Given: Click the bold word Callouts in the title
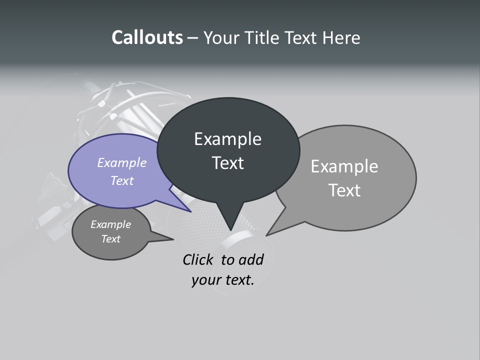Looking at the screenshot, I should coord(147,37).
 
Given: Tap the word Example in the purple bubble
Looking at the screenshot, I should coord(122,162).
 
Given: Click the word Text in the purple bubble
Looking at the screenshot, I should coord(122,180).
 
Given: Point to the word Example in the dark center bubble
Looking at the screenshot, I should coord(227,139).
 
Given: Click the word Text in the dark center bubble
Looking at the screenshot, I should coord(227,163).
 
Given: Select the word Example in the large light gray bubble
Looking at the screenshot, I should coord(344,166).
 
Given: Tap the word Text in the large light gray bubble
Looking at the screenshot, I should coord(344,190).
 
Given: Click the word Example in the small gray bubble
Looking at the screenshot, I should coord(110,224).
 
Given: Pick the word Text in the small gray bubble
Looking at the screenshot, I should coord(110,239).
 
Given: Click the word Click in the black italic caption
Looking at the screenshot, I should coord(197,259).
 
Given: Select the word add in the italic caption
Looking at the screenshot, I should coord(251,259).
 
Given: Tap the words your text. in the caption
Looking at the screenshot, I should coord(222,280).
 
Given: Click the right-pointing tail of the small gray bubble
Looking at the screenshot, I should coord(171,239).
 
